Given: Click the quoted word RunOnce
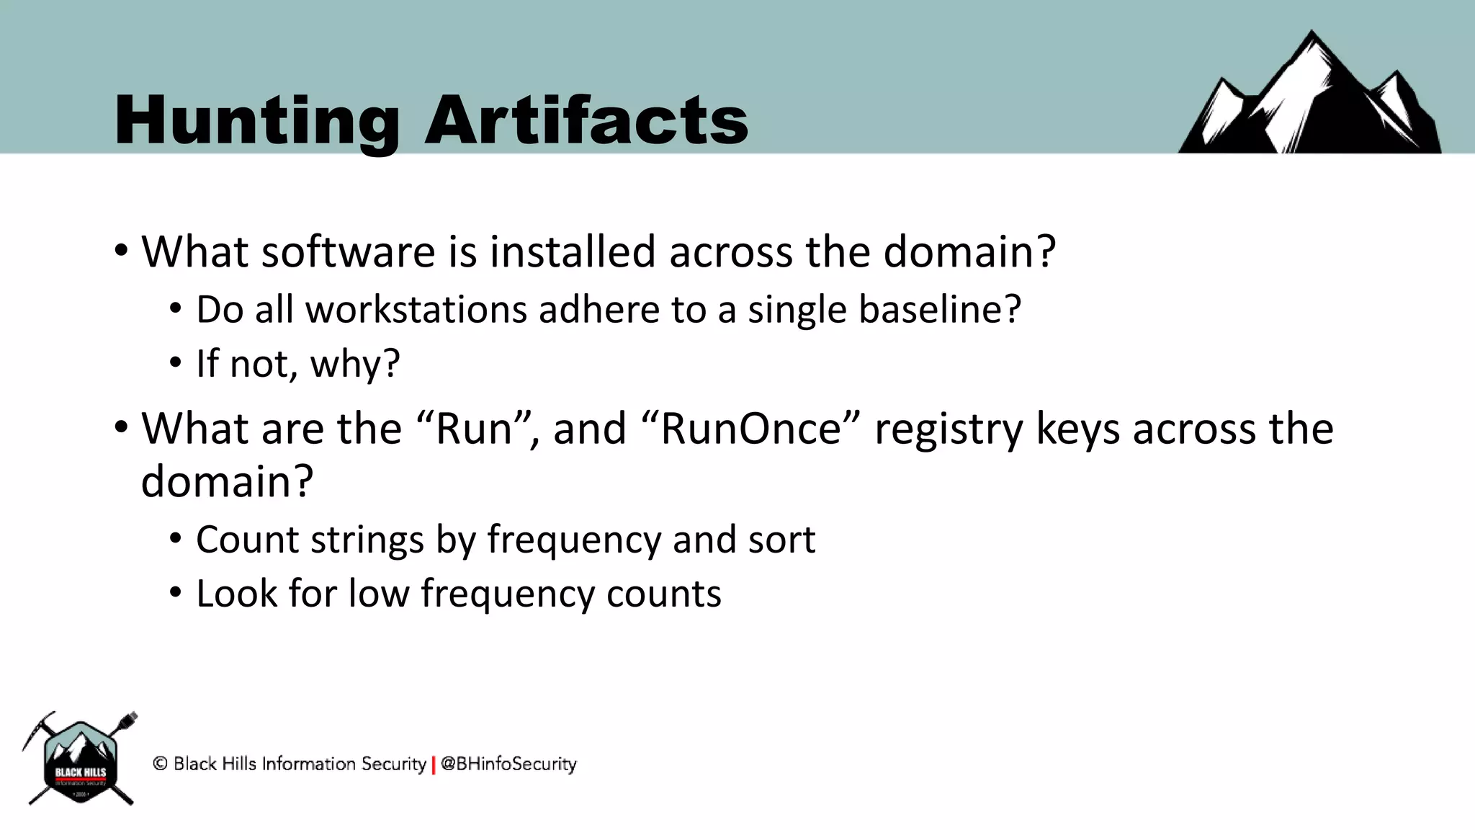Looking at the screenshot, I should (x=750, y=429).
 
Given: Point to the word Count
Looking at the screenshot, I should (x=238, y=540).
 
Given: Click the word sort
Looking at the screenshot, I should (x=781, y=540).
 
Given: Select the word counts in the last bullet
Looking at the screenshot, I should (x=663, y=595).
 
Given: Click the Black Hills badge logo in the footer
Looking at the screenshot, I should (x=80, y=759).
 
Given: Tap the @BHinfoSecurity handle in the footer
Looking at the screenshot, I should (x=508, y=764).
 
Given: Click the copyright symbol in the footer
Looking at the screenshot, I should (x=160, y=764).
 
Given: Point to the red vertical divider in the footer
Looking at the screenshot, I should (x=434, y=765).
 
